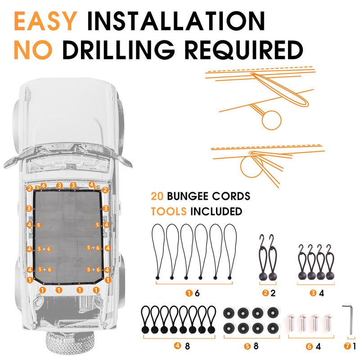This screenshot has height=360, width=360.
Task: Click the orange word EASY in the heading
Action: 45,21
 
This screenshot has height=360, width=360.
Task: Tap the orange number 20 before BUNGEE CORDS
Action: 157,197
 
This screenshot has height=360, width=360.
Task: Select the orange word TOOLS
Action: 168,211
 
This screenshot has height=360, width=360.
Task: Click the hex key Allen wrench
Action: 349,319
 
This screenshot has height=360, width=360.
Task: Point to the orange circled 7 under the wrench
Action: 347,346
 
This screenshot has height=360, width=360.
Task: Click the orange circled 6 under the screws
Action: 309,346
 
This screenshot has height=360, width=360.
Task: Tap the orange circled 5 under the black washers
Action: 247,346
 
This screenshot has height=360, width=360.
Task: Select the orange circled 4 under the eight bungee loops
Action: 177,346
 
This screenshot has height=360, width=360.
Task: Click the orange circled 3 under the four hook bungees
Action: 313,293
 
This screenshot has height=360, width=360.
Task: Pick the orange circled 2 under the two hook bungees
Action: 265,293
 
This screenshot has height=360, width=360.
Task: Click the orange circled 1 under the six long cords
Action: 189,293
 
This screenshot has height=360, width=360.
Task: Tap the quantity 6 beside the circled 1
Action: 197,293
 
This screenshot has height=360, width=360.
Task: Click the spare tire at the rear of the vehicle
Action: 70,342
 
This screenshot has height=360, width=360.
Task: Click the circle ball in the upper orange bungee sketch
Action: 272,120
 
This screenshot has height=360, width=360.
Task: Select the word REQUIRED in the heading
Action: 244,50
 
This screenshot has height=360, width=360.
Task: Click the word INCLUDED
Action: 216,211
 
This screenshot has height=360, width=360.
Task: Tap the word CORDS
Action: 231,196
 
